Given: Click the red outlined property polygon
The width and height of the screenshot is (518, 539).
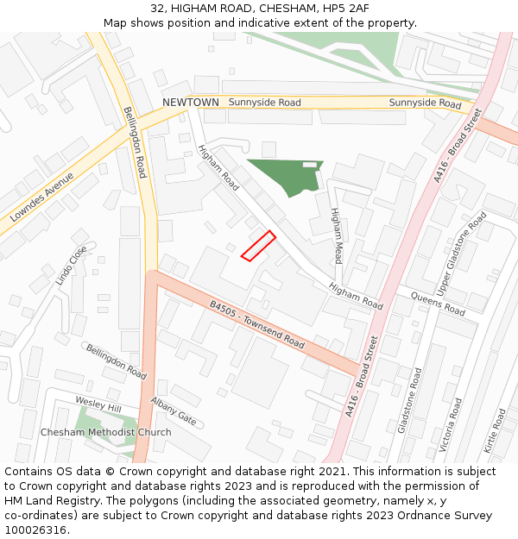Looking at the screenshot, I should (258, 245).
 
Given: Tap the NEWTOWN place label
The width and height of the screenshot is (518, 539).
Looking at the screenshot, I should (191, 103).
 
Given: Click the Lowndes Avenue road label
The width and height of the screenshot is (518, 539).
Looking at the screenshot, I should (42, 197).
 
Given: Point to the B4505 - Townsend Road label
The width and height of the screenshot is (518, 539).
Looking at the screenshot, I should (257, 324).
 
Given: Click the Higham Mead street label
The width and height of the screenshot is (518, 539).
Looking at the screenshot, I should (336, 235).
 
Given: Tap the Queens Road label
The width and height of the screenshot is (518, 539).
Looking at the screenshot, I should (438, 304).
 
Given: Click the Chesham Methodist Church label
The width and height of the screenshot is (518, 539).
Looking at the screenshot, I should (105, 432).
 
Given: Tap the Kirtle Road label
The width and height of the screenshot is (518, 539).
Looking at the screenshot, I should (499, 432).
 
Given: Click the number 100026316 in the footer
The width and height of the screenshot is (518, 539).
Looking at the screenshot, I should (35, 530).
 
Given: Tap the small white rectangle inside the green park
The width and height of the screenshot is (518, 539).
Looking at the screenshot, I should (309, 164).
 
